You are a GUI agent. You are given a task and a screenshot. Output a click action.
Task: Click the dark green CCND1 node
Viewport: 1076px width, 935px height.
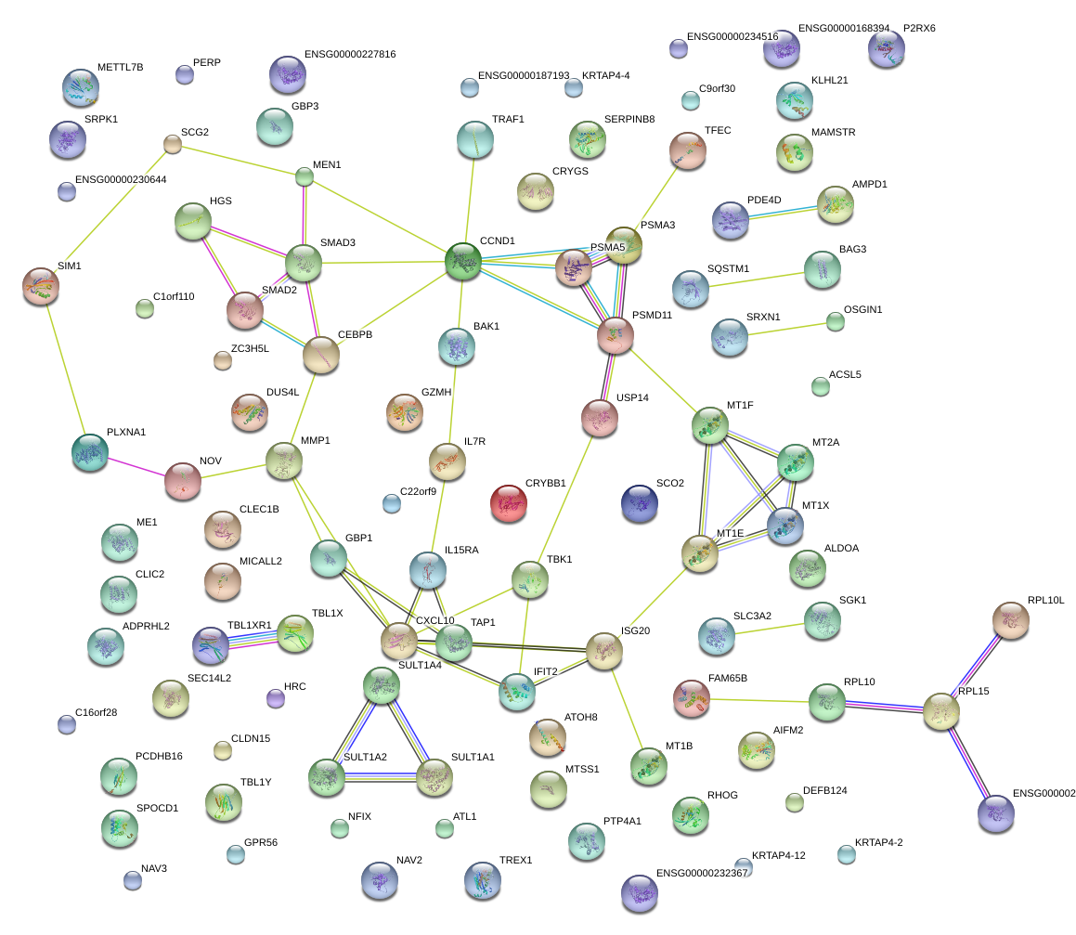click(x=463, y=262)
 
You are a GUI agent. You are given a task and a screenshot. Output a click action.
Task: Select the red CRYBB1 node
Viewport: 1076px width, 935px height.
click(x=509, y=503)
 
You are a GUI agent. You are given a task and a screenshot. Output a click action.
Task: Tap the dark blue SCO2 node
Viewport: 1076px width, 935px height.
click(x=639, y=503)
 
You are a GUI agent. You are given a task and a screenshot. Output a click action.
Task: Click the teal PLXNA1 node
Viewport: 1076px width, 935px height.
click(x=90, y=452)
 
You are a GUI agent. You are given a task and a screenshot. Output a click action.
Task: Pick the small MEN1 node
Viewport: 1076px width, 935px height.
click(x=304, y=177)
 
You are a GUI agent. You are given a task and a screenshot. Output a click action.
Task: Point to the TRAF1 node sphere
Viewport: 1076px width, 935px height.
click(x=474, y=139)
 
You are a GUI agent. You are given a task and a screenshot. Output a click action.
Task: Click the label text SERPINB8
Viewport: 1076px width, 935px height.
click(x=629, y=119)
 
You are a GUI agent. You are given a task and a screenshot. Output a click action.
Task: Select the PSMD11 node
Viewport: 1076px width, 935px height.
click(x=615, y=336)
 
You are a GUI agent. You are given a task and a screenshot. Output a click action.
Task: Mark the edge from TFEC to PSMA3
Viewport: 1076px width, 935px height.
click(x=656, y=197)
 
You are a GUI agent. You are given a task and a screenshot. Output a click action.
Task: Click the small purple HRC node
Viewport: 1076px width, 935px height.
click(x=275, y=699)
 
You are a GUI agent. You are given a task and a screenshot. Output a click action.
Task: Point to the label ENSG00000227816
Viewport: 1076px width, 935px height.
click(x=350, y=54)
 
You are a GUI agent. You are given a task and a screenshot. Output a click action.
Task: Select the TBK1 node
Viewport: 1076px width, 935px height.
click(x=530, y=580)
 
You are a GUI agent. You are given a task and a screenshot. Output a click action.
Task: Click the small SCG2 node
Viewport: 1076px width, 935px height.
click(x=173, y=144)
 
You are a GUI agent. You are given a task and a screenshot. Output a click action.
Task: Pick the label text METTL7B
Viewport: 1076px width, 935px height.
click(x=120, y=67)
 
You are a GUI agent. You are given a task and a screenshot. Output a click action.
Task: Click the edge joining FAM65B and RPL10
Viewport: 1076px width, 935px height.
click(x=759, y=701)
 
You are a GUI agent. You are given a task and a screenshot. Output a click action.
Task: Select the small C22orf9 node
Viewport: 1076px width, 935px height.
click(x=391, y=504)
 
